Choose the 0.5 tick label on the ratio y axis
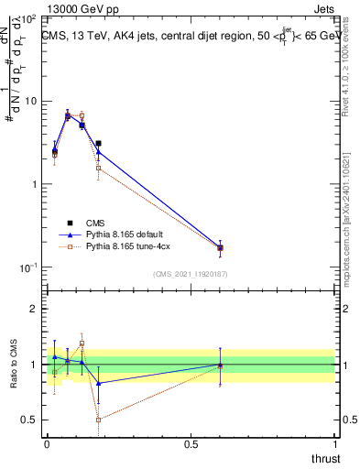click(28, 420)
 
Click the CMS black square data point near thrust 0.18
click(98, 144)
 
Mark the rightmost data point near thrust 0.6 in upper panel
click(220, 247)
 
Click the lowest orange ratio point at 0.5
click(98, 420)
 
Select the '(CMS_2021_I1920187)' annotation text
click(190, 274)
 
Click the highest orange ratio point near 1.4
click(82, 344)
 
